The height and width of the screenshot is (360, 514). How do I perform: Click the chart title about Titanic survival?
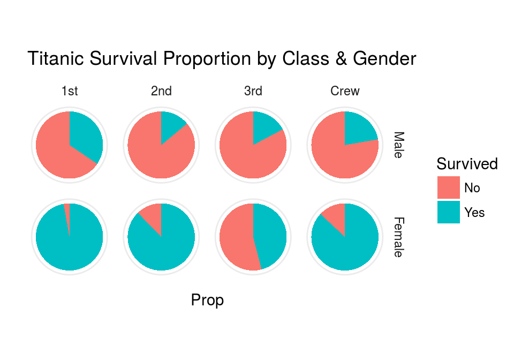(x=221, y=58)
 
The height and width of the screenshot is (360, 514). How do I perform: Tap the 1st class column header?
(x=70, y=91)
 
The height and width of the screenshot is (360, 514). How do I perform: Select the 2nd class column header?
(x=161, y=91)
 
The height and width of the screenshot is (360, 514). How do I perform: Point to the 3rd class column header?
(x=253, y=91)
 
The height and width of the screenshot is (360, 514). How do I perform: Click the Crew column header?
(x=345, y=91)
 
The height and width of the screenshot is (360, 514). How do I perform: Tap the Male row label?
(x=398, y=145)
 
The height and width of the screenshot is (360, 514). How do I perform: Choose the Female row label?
(x=398, y=237)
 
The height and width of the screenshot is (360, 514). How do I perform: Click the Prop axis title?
(x=207, y=301)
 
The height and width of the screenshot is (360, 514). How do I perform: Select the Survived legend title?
(x=467, y=163)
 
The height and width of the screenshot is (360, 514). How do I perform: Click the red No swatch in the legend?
(x=448, y=187)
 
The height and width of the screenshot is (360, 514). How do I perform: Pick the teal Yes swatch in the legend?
(x=448, y=212)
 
